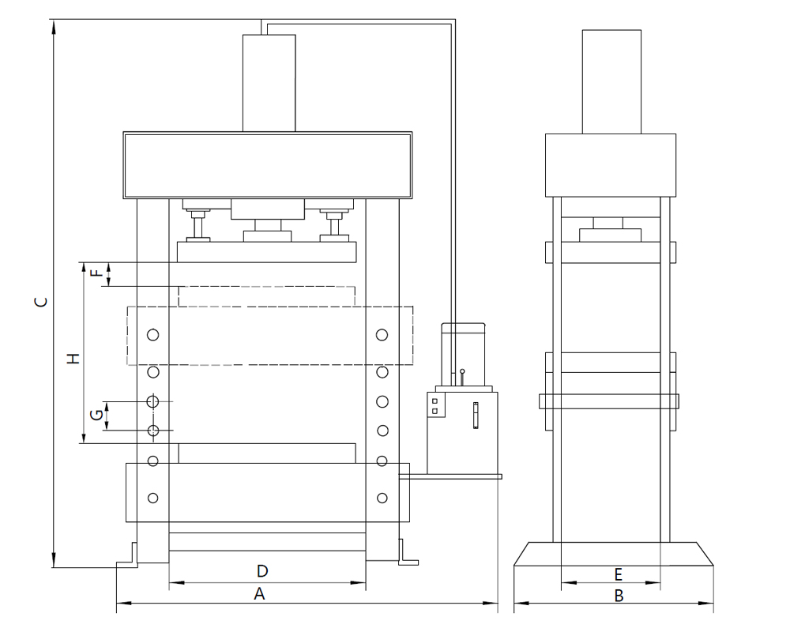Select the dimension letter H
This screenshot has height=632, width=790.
(x=73, y=359)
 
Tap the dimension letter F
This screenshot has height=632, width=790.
(x=96, y=273)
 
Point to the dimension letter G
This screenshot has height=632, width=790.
(x=96, y=415)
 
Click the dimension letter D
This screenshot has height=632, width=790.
(x=262, y=571)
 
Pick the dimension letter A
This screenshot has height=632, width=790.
(x=259, y=594)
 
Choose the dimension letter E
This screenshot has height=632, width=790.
(x=619, y=574)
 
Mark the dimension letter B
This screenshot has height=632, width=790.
(x=619, y=596)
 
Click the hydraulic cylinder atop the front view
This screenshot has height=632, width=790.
(x=269, y=83)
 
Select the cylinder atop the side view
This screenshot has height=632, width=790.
(x=611, y=81)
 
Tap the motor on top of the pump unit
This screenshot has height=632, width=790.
(x=464, y=354)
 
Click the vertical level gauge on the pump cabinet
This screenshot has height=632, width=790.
(x=476, y=416)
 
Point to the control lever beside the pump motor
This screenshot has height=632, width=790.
(x=462, y=378)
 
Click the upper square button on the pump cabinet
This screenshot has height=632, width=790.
(x=434, y=401)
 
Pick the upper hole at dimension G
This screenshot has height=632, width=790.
(x=152, y=401)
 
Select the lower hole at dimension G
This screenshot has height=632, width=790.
(x=152, y=431)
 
